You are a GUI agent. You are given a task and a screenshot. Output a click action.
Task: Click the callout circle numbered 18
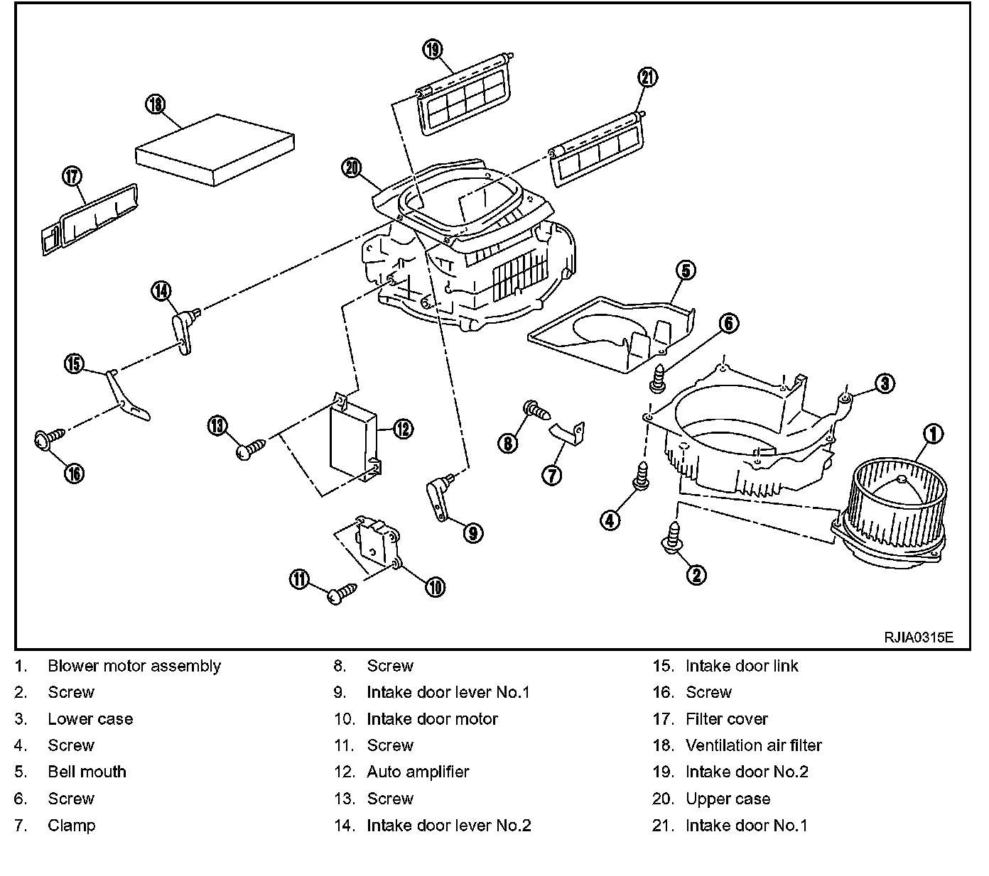(x=155, y=104)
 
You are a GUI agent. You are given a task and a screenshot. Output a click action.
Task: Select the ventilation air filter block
(x=215, y=150)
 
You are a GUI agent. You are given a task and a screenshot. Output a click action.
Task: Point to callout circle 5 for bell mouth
(x=684, y=270)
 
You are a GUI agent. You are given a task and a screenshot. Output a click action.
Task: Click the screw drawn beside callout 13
(x=252, y=449)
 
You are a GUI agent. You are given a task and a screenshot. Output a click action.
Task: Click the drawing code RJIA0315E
(x=917, y=637)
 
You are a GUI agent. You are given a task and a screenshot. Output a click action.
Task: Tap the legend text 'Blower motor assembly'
(x=134, y=666)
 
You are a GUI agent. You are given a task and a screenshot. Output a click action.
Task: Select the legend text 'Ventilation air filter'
(x=753, y=745)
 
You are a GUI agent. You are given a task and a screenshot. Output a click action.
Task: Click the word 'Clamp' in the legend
(x=71, y=825)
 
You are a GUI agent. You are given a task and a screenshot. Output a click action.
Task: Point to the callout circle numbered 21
(x=648, y=78)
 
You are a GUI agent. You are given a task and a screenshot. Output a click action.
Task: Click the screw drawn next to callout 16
(x=47, y=439)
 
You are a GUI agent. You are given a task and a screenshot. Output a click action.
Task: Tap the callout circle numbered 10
(x=435, y=586)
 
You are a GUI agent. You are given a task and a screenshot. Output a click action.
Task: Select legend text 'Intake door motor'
(x=432, y=718)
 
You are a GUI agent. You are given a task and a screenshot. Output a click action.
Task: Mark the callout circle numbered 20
(x=352, y=168)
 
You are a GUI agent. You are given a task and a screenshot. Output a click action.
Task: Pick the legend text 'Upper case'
(x=728, y=799)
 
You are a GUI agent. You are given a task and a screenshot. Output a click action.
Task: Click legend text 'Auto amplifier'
(x=418, y=772)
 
